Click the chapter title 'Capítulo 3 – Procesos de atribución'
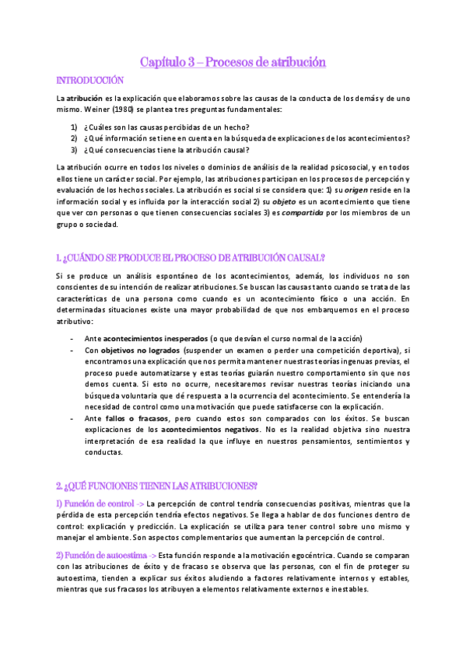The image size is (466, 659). [233, 61]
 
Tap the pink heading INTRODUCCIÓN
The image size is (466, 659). [90, 80]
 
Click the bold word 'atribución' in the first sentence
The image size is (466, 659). [84, 98]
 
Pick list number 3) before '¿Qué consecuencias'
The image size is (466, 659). [74, 150]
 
